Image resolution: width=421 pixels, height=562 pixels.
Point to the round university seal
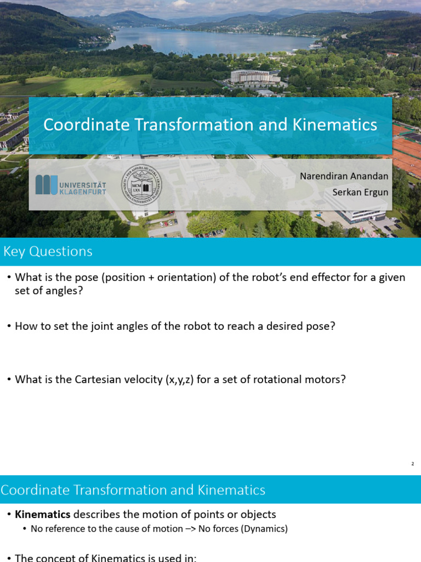pos(141,184)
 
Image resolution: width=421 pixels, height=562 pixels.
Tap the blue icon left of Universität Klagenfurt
pos(46,184)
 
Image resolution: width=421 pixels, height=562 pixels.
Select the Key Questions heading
pos(48,251)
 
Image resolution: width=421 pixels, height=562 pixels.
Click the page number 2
pos(412,464)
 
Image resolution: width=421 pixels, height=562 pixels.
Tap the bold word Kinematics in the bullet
pos(43,514)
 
